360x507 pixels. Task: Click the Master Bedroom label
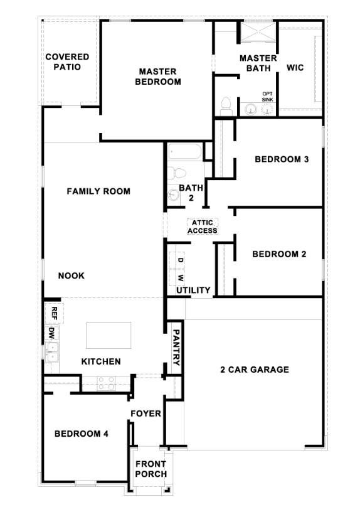[157, 77]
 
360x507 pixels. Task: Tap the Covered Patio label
[67, 61]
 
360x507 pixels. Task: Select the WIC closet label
[295, 68]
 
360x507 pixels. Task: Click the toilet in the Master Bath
[226, 106]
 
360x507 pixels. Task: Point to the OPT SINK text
[267, 97]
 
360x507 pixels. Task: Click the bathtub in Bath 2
[185, 152]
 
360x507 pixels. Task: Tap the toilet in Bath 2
[176, 173]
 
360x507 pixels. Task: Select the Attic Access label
[203, 227]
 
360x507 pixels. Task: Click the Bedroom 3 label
[282, 159]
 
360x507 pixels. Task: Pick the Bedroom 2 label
[279, 254]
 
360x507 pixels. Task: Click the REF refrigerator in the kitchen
[54, 313]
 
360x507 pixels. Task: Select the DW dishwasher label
[51, 333]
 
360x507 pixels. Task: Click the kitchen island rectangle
[109, 335]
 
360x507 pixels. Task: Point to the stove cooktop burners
[107, 383]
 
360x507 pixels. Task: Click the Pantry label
[176, 347]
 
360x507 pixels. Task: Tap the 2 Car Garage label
[255, 369]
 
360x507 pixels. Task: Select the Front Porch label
[151, 469]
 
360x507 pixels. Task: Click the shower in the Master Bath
[258, 31]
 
